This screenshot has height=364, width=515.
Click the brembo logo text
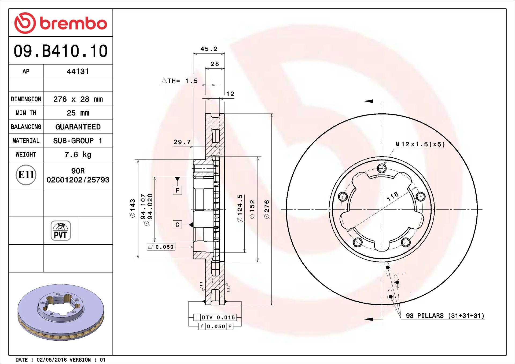click(x=73, y=24)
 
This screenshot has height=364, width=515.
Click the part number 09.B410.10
click(x=61, y=51)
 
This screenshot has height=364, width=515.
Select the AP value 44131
click(x=78, y=71)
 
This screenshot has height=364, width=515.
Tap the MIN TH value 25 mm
click(x=78, y=113)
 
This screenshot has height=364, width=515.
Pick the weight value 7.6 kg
click(x=78, y=155)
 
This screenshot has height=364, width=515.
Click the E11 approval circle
click(x=26, y=175)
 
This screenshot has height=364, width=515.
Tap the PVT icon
click(x=61, y=231)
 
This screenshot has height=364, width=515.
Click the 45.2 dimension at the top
click(x=209, y=49)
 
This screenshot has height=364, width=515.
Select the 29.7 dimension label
click(x=182, y=142)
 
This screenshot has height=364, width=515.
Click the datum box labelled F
click(x=177, y=190)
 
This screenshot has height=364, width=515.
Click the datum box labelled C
click(x=177, y=225)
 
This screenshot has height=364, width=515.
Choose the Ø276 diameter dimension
click(x=267, y=209)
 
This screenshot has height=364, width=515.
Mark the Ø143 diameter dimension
click(x=133, y=208)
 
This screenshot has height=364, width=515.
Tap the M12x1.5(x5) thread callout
click(x=420, y=144)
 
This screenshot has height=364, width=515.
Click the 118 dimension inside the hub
click(x=392, y=196)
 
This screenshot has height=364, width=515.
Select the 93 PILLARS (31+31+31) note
click(x=445, y=316)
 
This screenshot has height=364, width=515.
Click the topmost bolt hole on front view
click(x=381, y=169)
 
